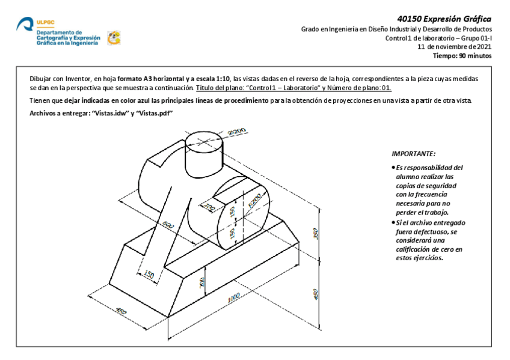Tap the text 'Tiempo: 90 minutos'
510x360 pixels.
point(462,56)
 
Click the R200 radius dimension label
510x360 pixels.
point(255,201)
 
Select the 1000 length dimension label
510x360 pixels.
point(232,299)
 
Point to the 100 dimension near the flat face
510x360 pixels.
point(210,208)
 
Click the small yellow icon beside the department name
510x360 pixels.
point(113,38)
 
